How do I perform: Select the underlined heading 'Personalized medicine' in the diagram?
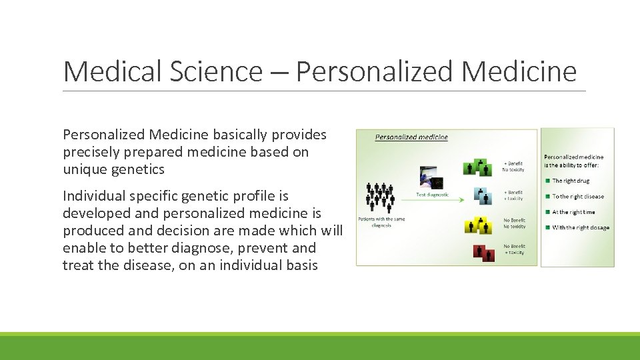(x=411, y=137)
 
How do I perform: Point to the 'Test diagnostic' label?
(x=433, y=195)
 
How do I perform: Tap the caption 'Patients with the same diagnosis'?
(x=381, y=222)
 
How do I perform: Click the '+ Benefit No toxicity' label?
(x=513, y=167)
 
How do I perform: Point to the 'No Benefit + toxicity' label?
(x=513, y=249)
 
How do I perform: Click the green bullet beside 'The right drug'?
(x=548, y=181)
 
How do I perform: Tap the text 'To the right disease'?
(x=578, y=197)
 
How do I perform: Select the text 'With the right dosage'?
(x=581, y=228)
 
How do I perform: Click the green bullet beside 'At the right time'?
(x=548, y=213)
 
